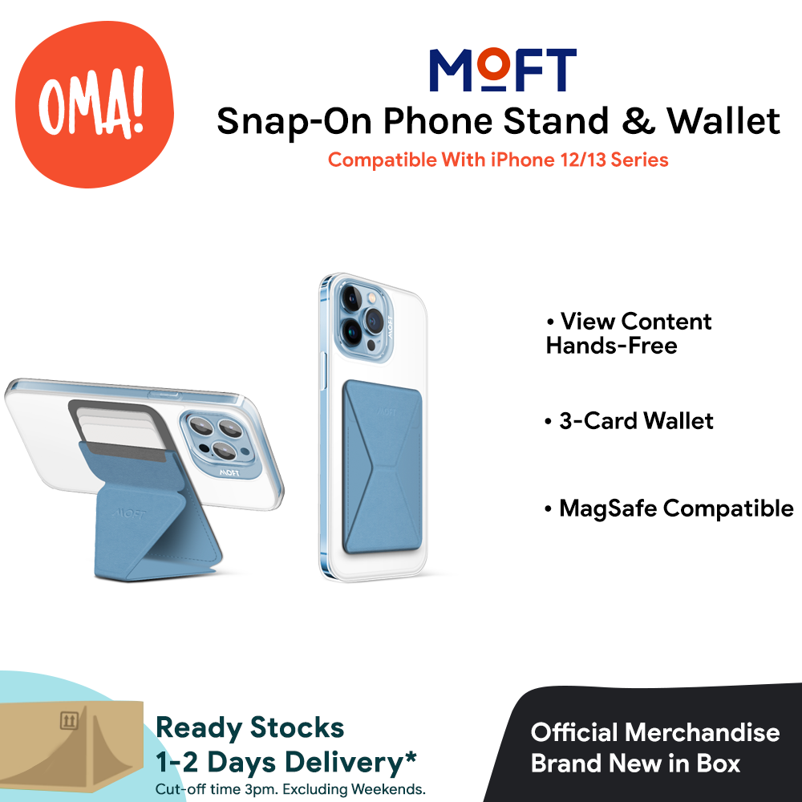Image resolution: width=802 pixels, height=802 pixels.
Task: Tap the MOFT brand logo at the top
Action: pyautogui.click(x=503, y=71)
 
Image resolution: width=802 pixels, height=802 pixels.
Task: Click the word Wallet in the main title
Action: pyautogui.click(x=724, y=121)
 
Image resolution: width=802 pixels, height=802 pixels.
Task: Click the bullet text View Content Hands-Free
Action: pyautogui.click(x=628, y=334)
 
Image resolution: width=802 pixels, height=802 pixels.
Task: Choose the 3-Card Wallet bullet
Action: pyautogui.click(x=628, y=421)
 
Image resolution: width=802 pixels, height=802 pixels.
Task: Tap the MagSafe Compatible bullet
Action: pyautogui.click(x=668, y=508)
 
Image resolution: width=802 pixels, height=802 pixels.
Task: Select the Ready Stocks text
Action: pyautogui.click(x=249, y=728)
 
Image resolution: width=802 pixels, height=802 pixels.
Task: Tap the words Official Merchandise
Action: pyautogui.click(x=655, y=732)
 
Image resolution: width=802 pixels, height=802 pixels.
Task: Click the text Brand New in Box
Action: pyautogui.click(x=635, y=763)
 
